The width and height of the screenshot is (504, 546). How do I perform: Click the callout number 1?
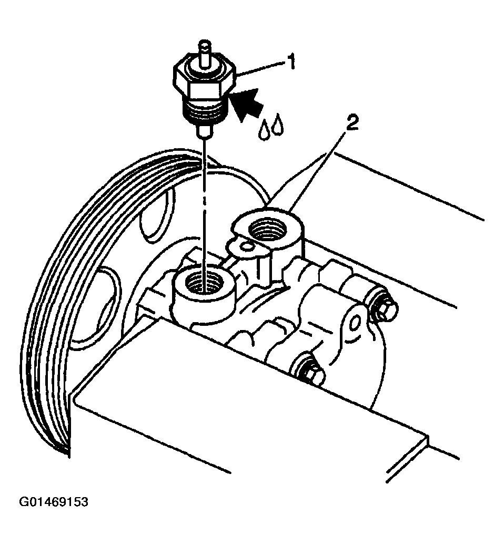(x=291, y=62)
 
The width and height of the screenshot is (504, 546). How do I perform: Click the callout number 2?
(x=352, y=123)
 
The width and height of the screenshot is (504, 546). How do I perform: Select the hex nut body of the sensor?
(x=204, y=79)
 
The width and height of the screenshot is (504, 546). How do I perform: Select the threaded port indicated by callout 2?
(x=267, y=229)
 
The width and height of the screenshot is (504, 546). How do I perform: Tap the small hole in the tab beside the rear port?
(x=247, y=246)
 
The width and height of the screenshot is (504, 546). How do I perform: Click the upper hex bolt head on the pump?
(x=385, y=308)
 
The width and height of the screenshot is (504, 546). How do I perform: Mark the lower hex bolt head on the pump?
(x=312, y=372)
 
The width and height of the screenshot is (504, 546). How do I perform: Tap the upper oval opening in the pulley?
(x=154, y=216)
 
